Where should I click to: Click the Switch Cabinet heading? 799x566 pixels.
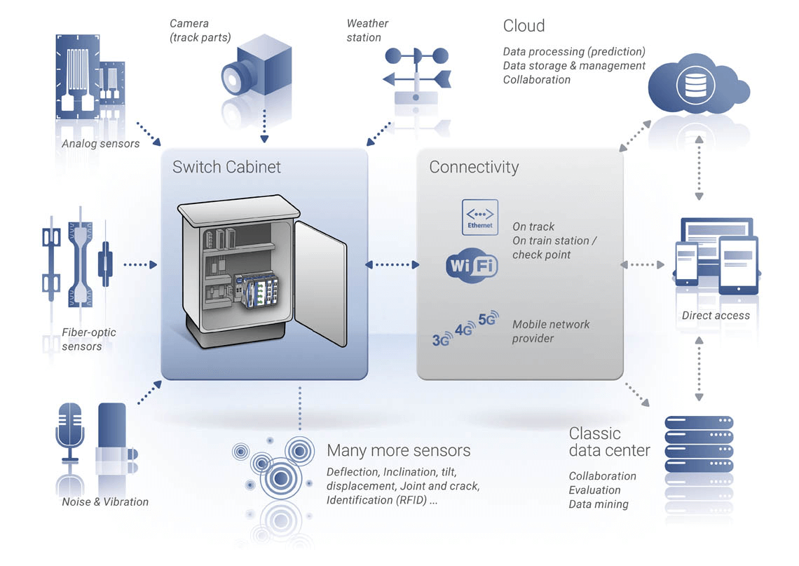[226, 167]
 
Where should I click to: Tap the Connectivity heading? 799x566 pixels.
[474, 167]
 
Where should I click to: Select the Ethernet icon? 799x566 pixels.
[480, 217]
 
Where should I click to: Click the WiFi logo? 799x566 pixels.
[472, 266]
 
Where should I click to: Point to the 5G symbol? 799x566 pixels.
[488, 318]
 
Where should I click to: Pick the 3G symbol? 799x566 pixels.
[442, 339]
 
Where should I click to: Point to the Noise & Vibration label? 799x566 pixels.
[105, 501]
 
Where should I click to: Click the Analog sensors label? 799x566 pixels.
[101, 144]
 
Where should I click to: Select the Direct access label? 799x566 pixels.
[716, 316]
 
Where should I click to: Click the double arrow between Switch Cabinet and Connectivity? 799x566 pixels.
[392, 265]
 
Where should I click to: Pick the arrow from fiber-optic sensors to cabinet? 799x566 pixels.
[139, 265]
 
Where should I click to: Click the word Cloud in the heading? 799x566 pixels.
[524, 26]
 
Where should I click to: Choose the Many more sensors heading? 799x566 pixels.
[398, 450]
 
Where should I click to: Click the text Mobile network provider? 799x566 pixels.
[551, 331]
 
